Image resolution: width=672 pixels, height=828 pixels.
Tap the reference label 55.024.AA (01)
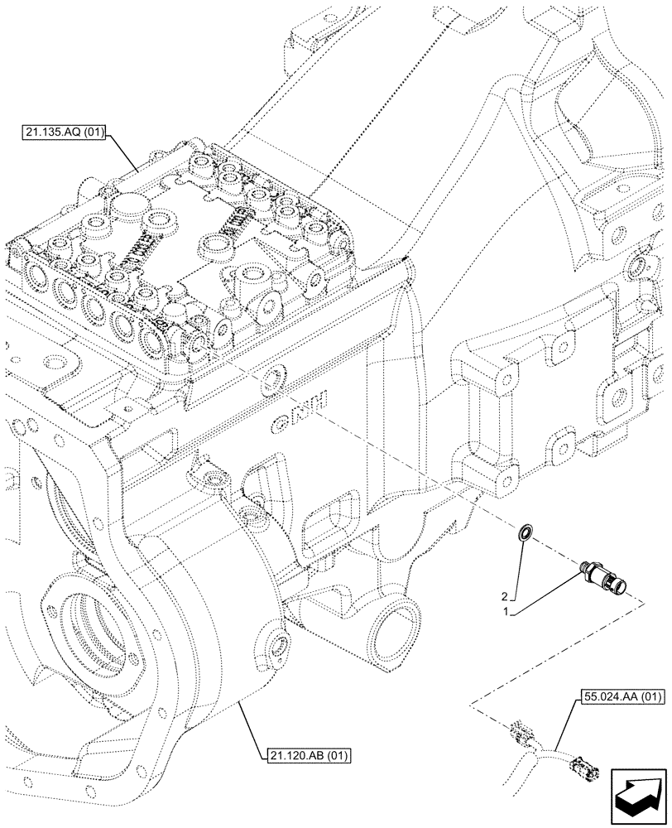(617, 696)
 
